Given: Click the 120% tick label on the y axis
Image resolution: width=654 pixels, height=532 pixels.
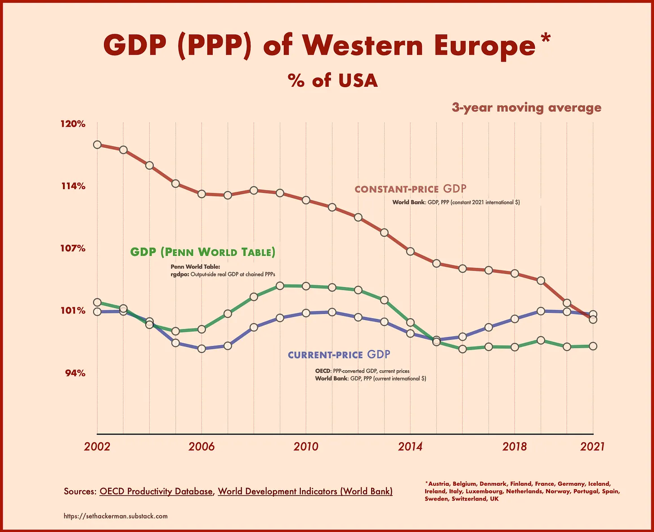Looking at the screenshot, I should [x=73, y=124].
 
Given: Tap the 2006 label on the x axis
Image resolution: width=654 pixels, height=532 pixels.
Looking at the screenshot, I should [x=202, y=447].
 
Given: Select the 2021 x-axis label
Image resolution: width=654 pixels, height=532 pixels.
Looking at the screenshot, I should [x=593, y=447].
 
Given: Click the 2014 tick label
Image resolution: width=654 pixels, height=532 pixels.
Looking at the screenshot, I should [x=410, y=447].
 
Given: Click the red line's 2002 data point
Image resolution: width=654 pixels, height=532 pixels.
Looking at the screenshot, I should [x=97, y=145].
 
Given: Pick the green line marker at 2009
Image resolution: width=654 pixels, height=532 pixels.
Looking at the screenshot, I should [x=280, y=286].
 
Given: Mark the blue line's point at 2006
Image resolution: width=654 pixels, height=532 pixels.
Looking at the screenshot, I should [x=202, y=348].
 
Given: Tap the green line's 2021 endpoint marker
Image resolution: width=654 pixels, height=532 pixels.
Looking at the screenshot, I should [x=593, y=346].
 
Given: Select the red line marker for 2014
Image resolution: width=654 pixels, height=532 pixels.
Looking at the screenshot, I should [x=410, y=251].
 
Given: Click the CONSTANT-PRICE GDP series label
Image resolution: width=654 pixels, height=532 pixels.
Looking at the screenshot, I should [x=411, y=189].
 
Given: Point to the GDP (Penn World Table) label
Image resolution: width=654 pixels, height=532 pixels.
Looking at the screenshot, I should [x=202, y=252].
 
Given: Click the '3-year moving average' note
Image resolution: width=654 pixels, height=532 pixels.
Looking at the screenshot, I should [x=526, y=108].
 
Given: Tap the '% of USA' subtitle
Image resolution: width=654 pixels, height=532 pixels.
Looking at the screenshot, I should [x=333, y=81].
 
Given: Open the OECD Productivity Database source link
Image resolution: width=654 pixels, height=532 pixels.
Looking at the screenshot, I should [x=156, y=492].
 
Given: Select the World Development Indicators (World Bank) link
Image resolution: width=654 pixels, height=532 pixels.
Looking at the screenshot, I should [x=305, y=492].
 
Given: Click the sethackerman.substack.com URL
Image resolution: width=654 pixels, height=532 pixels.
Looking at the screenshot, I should [x=116, y=516].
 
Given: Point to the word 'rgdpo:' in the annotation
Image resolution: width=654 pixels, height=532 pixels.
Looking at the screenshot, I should [x=180, y=274].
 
